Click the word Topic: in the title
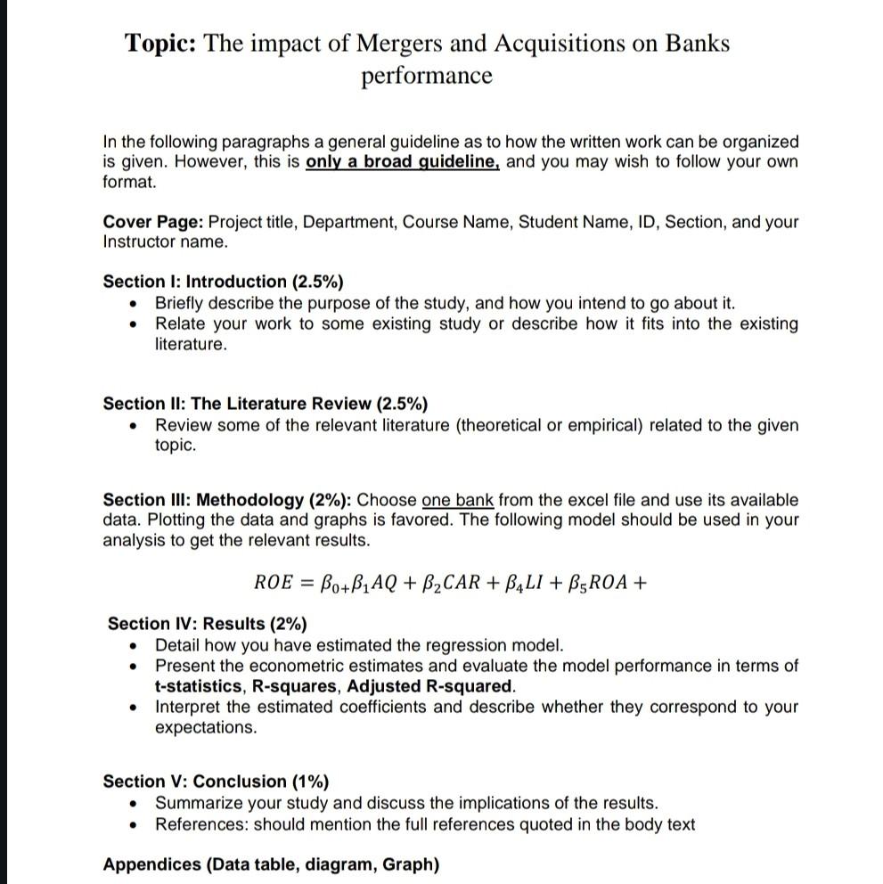(x=161, y=43)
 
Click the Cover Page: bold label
(x=152, y=222)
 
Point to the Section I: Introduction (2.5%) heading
(x=223, y=282)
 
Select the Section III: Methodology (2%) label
(x=227, y=500)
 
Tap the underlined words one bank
(x=457, y=500)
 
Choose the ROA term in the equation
(x=605, y=584)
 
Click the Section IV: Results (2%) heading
(x=207, y=624)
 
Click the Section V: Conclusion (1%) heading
(x=216, y=782)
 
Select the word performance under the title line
(x=426, y=76)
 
